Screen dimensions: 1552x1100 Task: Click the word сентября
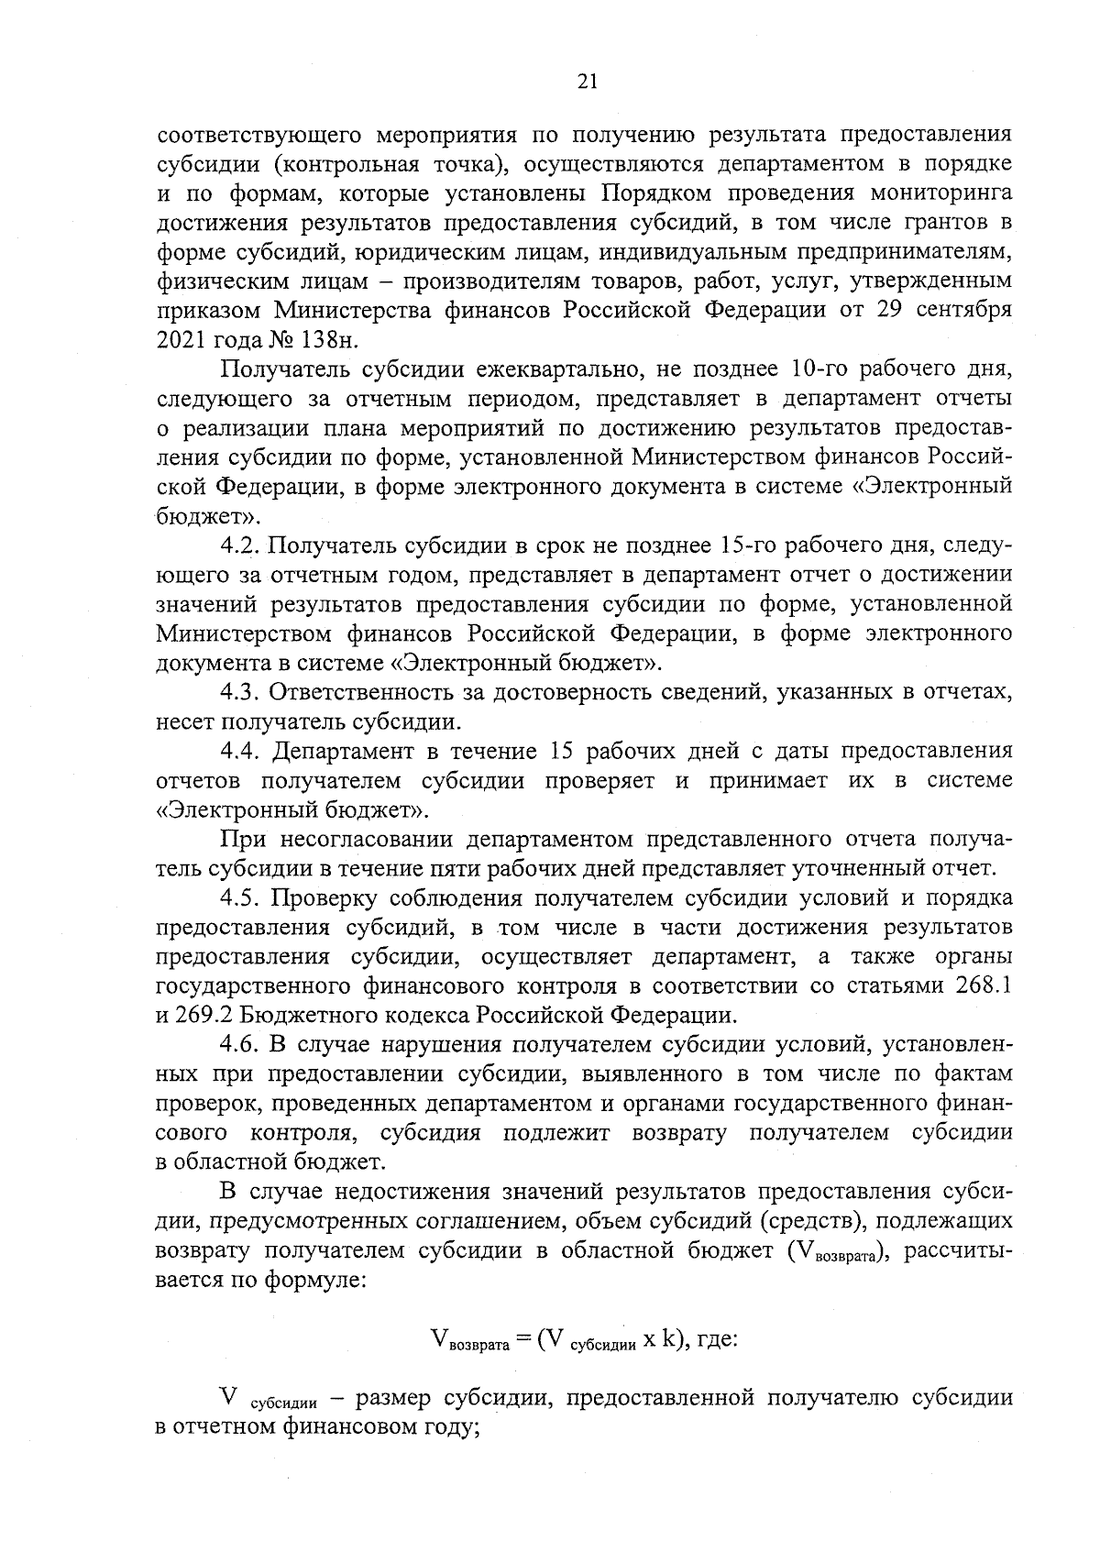pyautogui.click(x=960, y=310)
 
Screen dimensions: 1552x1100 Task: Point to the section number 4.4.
pyautogui.click(x=242, y=751)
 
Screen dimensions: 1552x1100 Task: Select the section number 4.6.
pyautogui.click(x=242, y=1044)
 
